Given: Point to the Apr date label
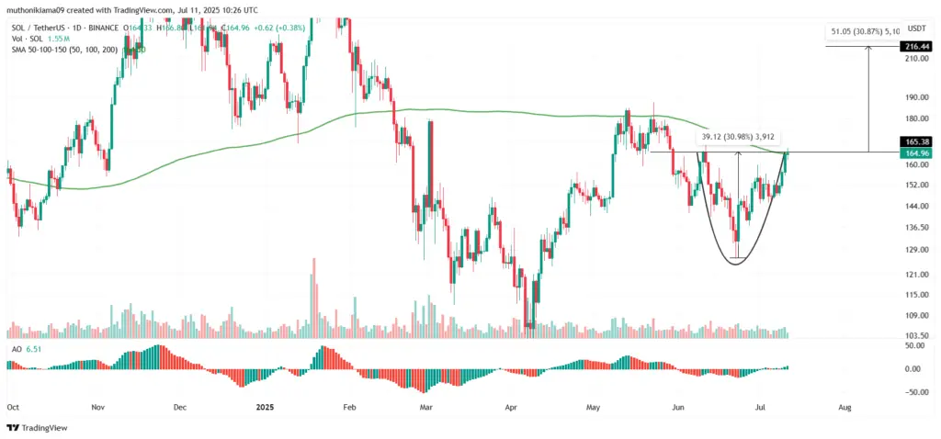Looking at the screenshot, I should (511, 405).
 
